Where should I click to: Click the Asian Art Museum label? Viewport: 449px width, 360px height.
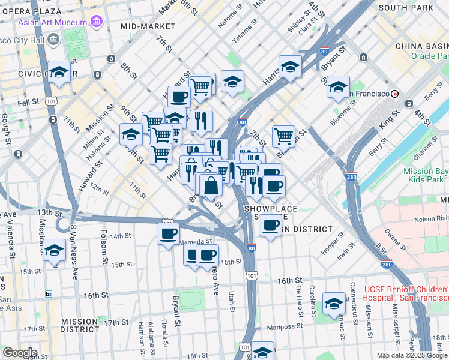point(52,22)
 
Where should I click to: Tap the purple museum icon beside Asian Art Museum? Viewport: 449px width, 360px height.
point(96,22)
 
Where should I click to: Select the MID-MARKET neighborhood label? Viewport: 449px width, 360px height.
point(148,26)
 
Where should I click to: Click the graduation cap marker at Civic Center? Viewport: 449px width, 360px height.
point(59,73)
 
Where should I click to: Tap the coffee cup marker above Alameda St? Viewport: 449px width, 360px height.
point(168,233)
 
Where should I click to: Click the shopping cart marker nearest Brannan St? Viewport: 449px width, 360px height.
point(283,136)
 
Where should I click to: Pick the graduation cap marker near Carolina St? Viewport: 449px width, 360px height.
point(334,304)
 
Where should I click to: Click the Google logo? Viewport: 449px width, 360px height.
point(19,353)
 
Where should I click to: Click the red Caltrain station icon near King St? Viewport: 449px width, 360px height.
point(395,94)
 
